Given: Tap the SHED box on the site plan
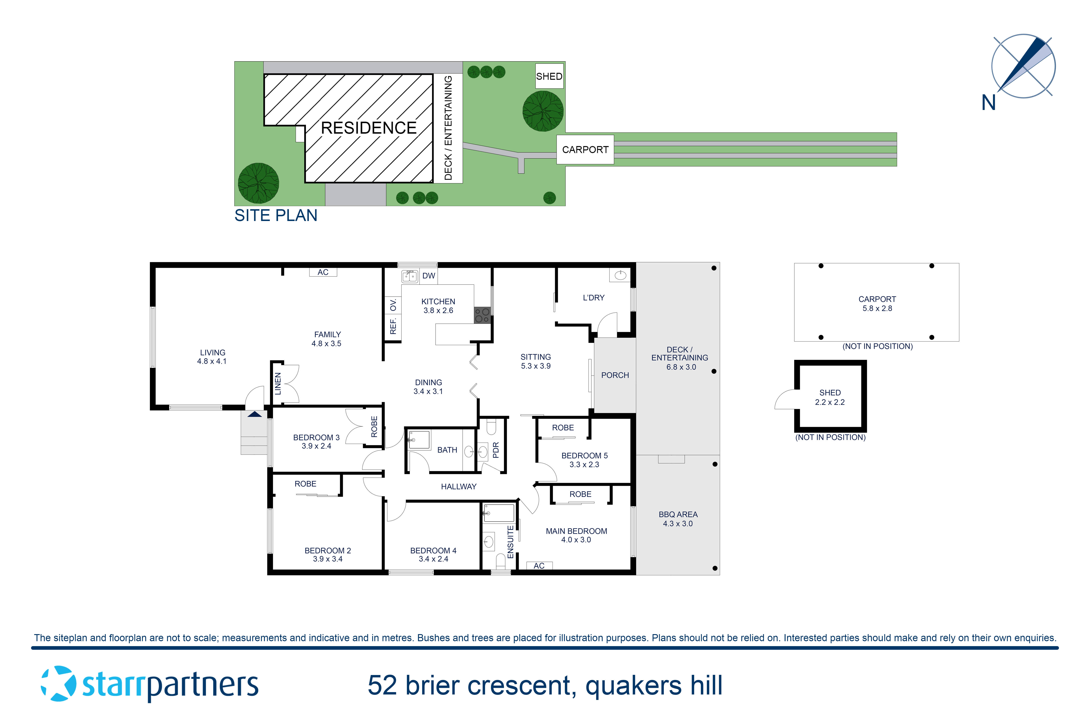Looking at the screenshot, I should coord(549,76).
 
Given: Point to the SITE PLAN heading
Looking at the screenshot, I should coord(276,216).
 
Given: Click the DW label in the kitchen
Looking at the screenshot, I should coord(429,276).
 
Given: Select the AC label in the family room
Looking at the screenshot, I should coord(323,272).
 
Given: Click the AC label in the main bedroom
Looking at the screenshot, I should coord(539,566).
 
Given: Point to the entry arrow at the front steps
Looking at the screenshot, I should coord(255,414).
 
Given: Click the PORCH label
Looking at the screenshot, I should coord(615,375).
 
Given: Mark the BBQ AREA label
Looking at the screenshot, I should coord(678,514).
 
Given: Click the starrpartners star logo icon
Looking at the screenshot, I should coord(58,684).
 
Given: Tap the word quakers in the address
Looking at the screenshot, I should coord(633,686).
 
